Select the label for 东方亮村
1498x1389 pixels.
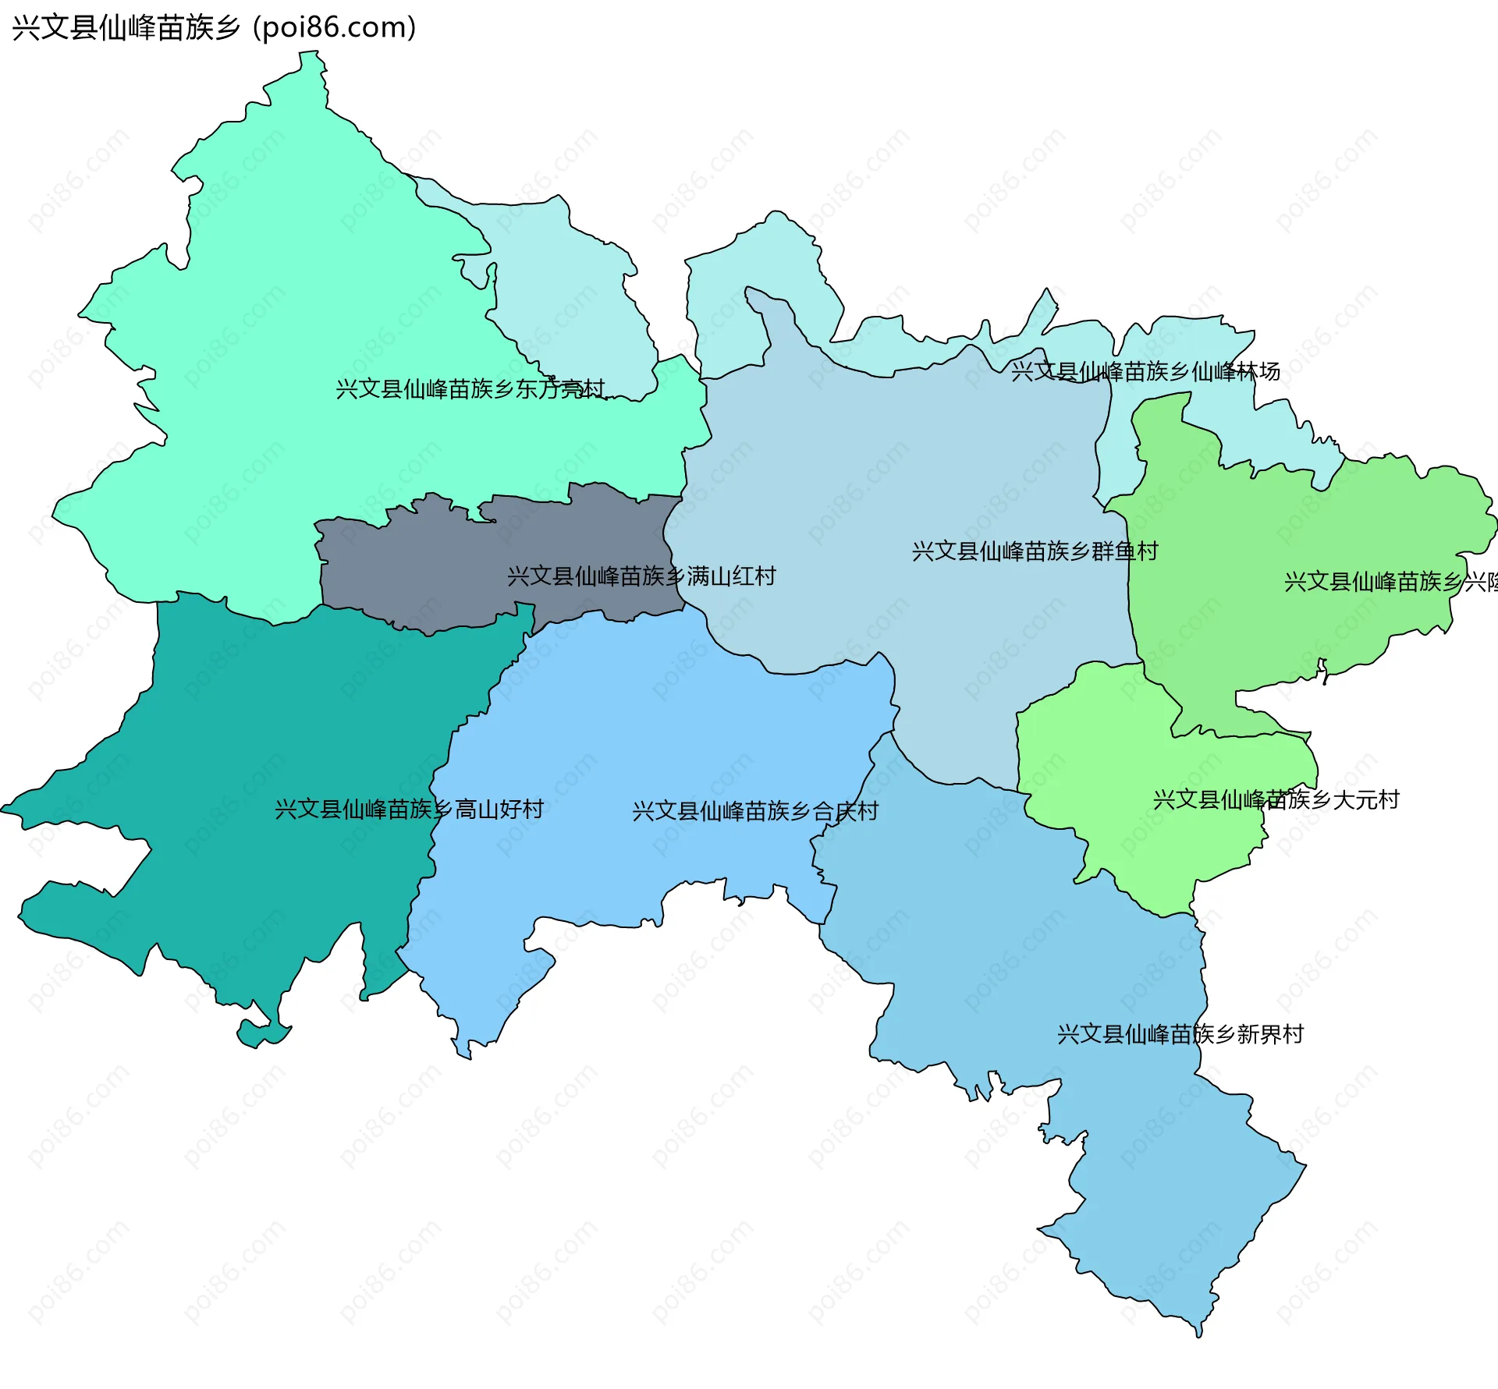click(x=470, y=388)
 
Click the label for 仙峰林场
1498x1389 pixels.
click(x=1145, y=371)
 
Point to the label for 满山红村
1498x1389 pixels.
click(x=641, y=576)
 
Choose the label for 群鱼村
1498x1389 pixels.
click(x=1035, y=551)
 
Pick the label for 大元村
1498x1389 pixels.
click(x=1276, y=799)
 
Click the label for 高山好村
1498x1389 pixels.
click(x=409, y=809)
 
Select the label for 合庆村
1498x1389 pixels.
click(x=755, y=811)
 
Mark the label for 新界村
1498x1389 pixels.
click(x=1180, y=1034)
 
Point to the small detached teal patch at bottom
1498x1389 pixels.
click(x=257, y=1034)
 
